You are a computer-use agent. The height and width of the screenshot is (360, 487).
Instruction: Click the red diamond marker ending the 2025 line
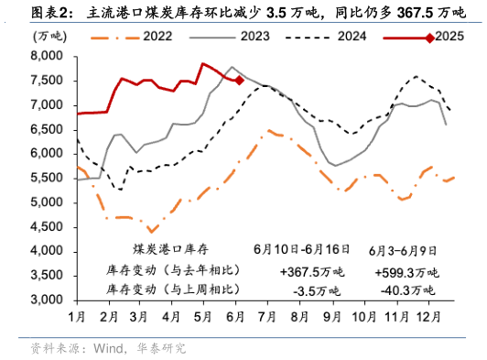pyautogui.click(x=239, y=80)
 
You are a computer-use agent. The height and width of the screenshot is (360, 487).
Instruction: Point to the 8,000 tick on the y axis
pyautogui.click(x=46, y=57)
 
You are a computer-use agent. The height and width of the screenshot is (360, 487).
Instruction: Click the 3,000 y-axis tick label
pyautogui.click(x=46, y=300)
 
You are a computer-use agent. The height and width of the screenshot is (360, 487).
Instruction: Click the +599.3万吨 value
pyautogui.click(x=406, y=272)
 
